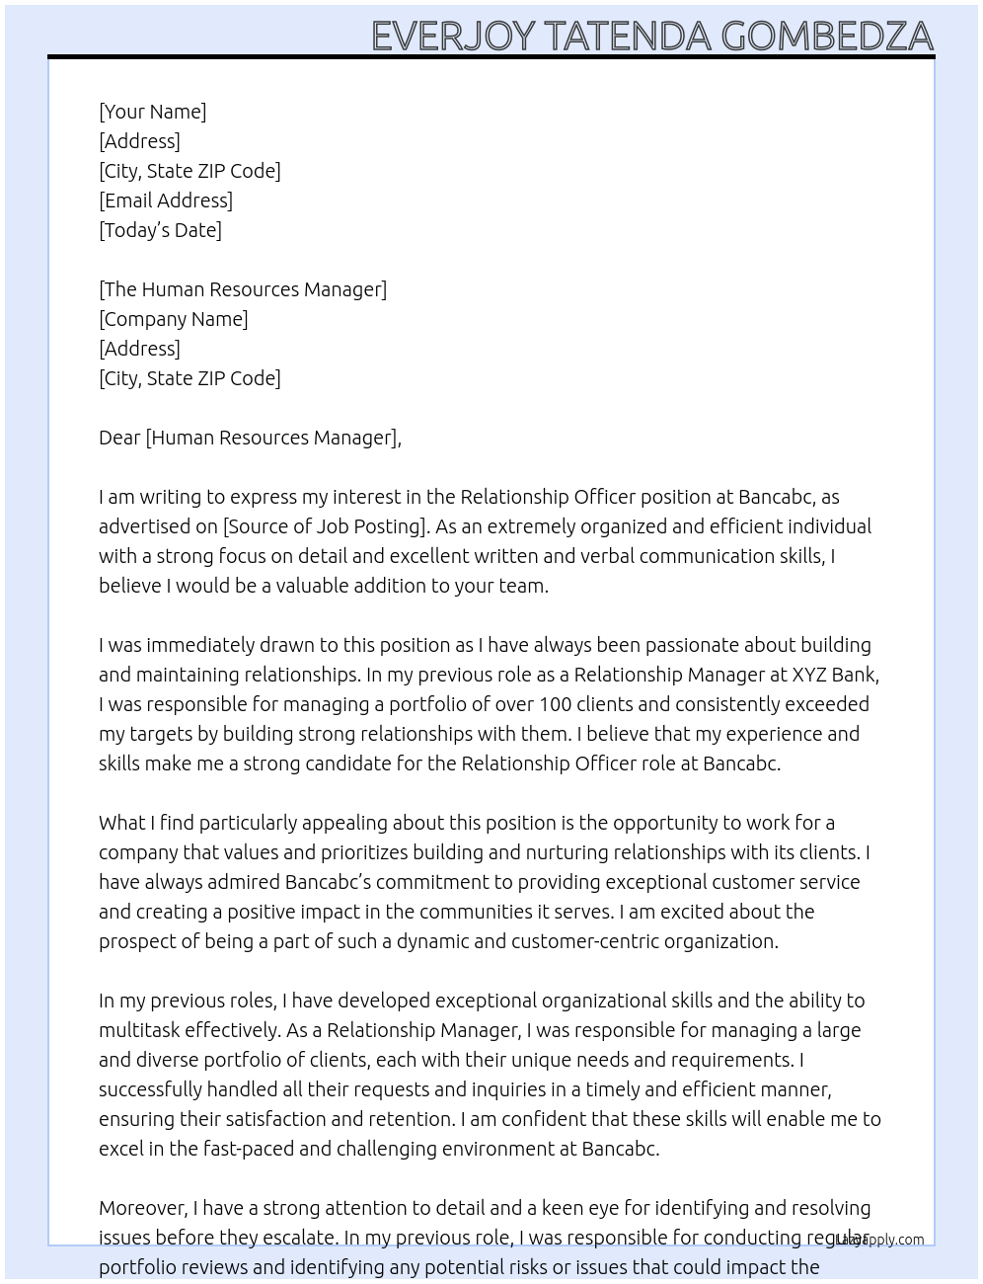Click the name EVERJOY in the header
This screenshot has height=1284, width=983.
coord(453,37)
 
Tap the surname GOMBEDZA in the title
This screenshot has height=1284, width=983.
coord(827,37)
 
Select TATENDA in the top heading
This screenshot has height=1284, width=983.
coord(628,37)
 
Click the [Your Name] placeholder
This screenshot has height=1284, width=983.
coord(153,112)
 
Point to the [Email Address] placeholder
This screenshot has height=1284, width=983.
coord(166,201)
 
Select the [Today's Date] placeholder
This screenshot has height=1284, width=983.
coord(160,230)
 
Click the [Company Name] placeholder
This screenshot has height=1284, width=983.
coord(174,319)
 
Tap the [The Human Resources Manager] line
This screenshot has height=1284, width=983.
coord(243,289)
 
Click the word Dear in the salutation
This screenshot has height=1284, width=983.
coord(119,438)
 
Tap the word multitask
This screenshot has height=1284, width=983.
coord(138,1030)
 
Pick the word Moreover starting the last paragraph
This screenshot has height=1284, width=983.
coord(143,1208)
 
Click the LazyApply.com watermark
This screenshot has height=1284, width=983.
coord(879,1240)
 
